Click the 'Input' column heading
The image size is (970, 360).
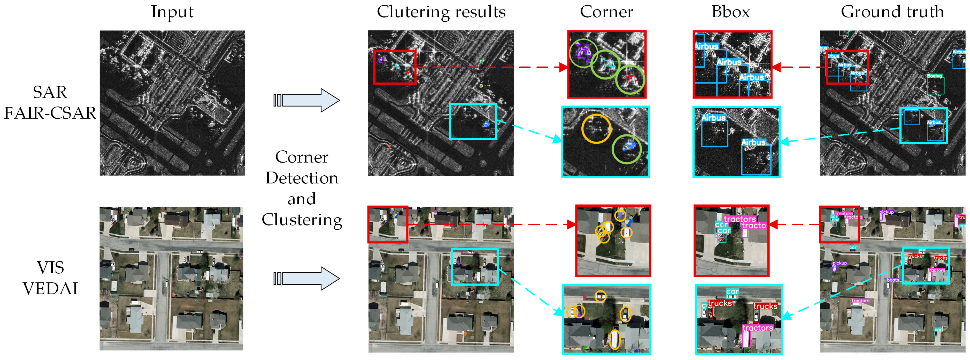tap(172, 12)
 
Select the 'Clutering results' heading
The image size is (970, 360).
tap(441, 12)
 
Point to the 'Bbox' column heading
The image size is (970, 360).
tap(731, 12)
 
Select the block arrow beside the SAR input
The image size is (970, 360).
tap(307, 100)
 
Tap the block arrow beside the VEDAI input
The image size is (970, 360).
tap(307, 279)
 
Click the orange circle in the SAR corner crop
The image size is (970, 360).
tap(596, 129)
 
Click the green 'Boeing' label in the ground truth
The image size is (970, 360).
tap(934, 76)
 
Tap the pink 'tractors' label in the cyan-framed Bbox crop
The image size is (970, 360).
tap(758, 328)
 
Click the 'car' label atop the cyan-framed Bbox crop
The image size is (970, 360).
tap(732, 292)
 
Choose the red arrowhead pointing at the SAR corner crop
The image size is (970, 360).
tap(563, 67)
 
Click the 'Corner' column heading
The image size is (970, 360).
tap(606, 12)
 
